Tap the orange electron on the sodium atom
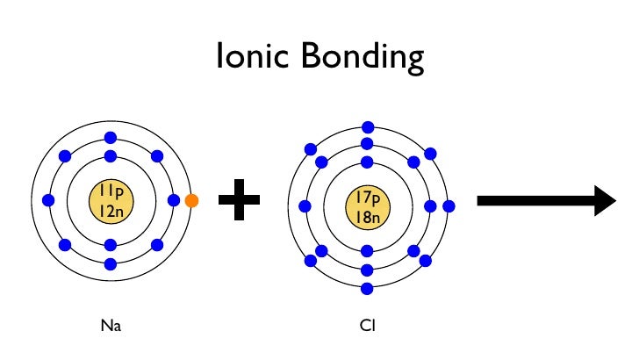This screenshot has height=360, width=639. [x=192, y=201]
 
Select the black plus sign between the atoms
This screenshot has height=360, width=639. [x=239, y=201]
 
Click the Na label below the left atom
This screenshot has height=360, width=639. [x=110, y=327]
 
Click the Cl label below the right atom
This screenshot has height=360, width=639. [x=367, y=327]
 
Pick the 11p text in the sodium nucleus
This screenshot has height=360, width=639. [x=111, y=191]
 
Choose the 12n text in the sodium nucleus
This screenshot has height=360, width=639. [x=111, y=211]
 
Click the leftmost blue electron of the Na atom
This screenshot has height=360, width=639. [x=48, y=201]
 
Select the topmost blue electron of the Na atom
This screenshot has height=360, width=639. [x=111, y=138]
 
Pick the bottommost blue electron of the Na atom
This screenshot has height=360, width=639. [x=111, y=263]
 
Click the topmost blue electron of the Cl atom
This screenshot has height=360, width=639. [x=367, y=127]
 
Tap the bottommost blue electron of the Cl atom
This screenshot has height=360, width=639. [x=367, y=289]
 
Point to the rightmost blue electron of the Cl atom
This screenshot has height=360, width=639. [x=449, y=207]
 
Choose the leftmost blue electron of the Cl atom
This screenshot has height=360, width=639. [x=304, y=207]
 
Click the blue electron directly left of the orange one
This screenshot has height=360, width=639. [x=173, y=201]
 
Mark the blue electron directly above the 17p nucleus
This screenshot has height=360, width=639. [x=367, y=162]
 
